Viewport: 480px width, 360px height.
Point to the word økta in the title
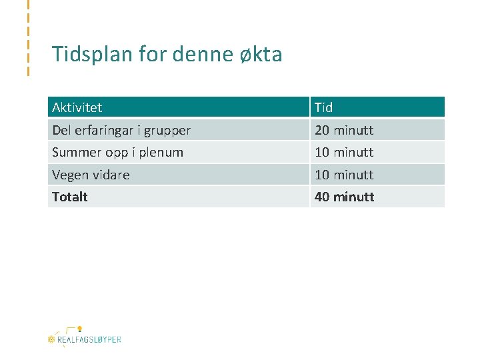(261, 54)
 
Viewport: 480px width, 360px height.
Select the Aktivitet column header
(77, 107)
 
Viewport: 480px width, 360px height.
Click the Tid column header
(324, 107)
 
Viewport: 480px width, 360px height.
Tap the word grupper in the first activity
(167, 130)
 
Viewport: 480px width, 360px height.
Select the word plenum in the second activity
(161, 152)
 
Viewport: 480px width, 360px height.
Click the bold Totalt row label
(70, 197)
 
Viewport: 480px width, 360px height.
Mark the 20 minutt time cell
(344, 130)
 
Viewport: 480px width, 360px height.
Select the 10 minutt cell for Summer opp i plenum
(344, 152)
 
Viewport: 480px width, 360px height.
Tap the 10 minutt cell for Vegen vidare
(344, 175)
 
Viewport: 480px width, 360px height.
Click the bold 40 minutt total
(344, 197)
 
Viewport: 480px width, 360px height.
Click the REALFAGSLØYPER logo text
(89, 339)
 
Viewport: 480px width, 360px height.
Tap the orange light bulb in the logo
(79, 329)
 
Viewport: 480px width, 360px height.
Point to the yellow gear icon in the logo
(51, 339)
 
